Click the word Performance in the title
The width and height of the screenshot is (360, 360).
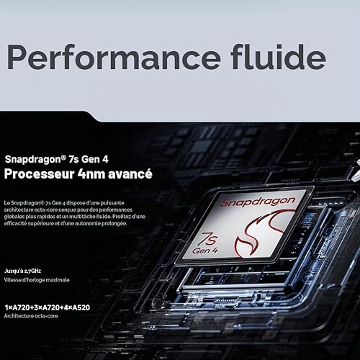click(x=114, y=57)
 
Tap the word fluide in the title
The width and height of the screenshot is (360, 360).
click(x=279, y=57)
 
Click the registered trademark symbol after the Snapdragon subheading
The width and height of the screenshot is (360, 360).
click(x=63, y=157)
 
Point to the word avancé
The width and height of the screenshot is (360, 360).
click(x=130, y=174)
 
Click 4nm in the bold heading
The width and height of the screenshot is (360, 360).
click(x=91, y=174)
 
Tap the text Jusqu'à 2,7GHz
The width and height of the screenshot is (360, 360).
click(x=22, y=271)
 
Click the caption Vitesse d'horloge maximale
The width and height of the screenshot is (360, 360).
click(x=37, y=280)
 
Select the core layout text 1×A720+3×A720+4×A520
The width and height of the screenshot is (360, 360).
click(x=48, y=307)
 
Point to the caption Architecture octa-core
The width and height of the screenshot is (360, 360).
click(x=31, y=316)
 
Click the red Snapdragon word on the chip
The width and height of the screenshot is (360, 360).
click(x=258, y=202)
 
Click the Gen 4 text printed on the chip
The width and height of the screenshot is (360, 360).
click(x=205, y=251)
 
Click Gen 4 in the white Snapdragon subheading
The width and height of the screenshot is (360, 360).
click(x=95, y=159)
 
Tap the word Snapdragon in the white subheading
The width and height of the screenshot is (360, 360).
click(x=33, y=160)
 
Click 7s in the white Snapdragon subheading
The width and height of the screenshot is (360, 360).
click(x=73, y=159)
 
